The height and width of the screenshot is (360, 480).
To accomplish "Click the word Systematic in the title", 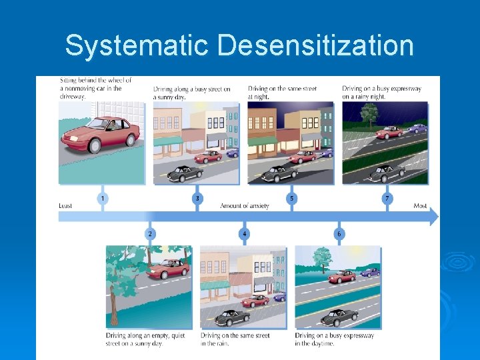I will pyautogui.click(x=137, y=46).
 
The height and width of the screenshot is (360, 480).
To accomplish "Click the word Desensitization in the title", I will pyautogui.click(x=315, y=46).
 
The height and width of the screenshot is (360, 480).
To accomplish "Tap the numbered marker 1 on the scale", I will pyautogui.click(x=103, y=198).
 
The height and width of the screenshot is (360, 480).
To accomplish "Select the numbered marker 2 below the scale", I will pyautogui.click(x=150, y=233).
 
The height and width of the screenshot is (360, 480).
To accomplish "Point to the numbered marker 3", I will pyautogui.click(x=197, y=198).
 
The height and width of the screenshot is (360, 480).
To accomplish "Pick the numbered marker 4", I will pyautogui.click(x=245, y=233).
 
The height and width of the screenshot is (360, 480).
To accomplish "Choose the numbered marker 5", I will pyautogui.click(x=291, y=198).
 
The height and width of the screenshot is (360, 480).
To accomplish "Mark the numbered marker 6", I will pyautogui.click(x=339, y=233).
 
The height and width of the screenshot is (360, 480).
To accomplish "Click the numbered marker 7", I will pyautogui.click(x=387, y=198).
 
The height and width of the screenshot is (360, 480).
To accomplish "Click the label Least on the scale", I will pyautogui.click(x=65, y=206).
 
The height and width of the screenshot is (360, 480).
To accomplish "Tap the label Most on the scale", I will pyautogui.click(x=420, y=206).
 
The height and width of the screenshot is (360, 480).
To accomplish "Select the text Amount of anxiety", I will pyautogui.click(x=245, y=206).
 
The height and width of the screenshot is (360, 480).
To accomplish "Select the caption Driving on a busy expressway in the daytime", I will pyautogui.click(x=335, y=339).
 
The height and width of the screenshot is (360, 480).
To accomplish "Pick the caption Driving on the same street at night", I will pyautogui.click(x=282, y=92).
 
